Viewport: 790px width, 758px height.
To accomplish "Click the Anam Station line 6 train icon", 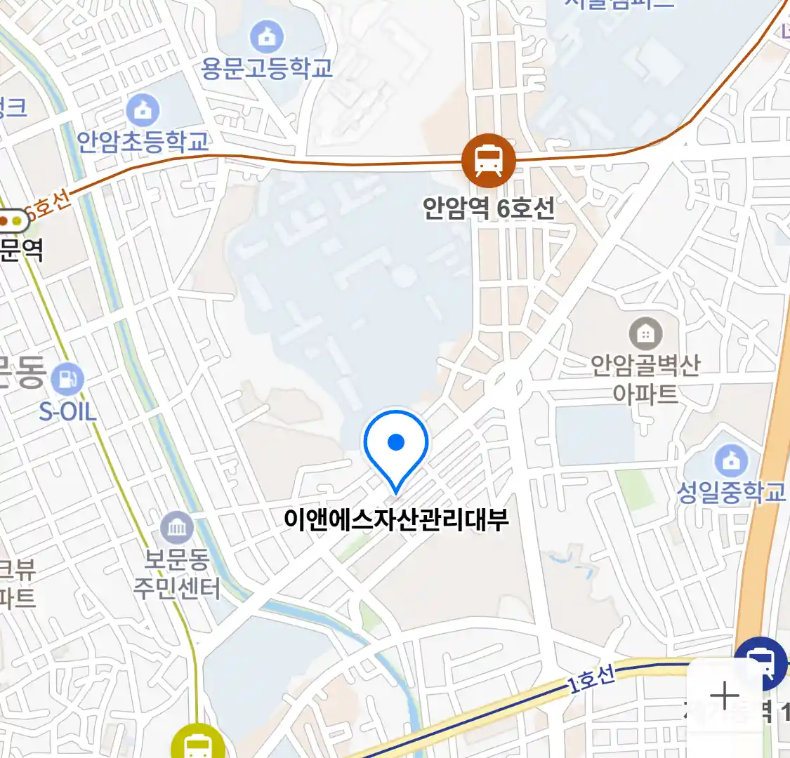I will (x=488, y=160).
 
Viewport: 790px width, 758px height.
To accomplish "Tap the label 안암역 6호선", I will (x=489, y=208).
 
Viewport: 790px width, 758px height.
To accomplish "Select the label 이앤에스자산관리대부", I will (x=396, y=520).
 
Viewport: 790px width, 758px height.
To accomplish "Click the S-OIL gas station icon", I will (x=67, y=380).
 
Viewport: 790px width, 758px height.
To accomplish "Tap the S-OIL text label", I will (x=67, y=411).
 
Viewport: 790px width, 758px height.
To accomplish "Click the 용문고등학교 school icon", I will (x=267, y=36).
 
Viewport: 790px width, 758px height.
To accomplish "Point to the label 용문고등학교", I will (x=267, y=68).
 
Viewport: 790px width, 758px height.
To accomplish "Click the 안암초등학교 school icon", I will (x=143, y=109).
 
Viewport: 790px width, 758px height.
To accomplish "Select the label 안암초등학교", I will (x=143, y=142).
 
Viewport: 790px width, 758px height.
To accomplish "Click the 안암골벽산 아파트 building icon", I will (x=645, y=334).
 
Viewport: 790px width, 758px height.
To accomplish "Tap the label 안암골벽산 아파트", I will (x=645, y=379).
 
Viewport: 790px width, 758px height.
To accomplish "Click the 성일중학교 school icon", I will (x=731, y=460).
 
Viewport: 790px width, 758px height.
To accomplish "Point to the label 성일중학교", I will (x=731, y=492).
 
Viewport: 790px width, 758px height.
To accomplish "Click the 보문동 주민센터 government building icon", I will (x=176, y=527).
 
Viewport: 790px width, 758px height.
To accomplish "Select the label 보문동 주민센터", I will (x=177, y=574).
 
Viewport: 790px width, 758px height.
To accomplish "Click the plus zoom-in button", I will (x=724, y=696).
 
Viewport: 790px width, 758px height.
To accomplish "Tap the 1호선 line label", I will (x=592, y=679).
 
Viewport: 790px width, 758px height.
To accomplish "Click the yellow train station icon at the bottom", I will (x=198, y=744).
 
